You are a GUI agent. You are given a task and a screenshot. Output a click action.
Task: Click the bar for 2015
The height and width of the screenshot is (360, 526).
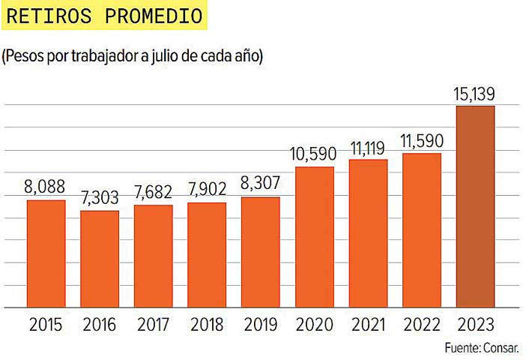point(46,253)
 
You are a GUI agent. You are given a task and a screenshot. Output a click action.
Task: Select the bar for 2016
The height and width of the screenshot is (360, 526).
point(100,259)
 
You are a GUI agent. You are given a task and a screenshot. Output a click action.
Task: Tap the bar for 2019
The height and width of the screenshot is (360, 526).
point(261,252)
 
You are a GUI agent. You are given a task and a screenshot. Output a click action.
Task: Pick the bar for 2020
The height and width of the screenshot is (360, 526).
point(315,237)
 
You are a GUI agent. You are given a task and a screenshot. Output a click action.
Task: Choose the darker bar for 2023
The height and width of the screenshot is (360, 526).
point(476,206)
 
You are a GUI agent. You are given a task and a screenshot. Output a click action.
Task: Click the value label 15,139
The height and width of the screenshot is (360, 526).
point(475,94)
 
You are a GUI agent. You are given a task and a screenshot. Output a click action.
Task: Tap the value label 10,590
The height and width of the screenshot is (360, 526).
point(314,155)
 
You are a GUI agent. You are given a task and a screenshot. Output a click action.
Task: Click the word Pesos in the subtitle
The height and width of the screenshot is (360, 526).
point(25,56)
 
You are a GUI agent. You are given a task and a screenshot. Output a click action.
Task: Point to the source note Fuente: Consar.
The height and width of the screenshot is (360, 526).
point(480,349)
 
